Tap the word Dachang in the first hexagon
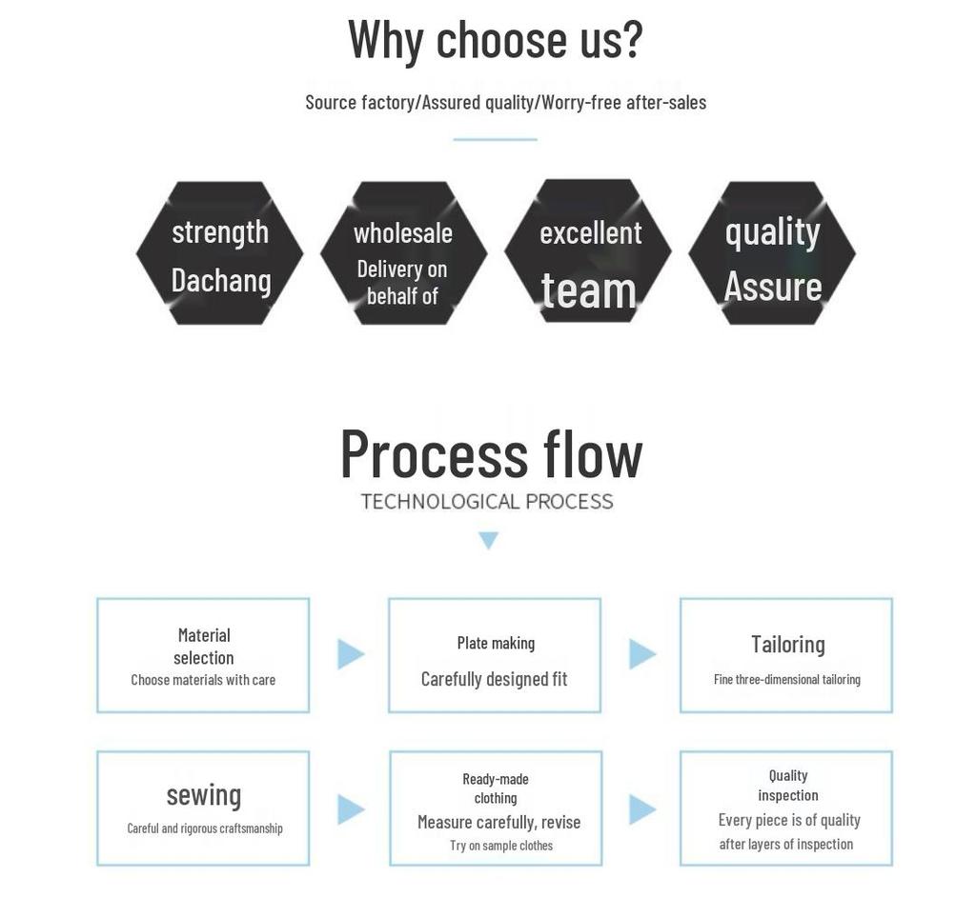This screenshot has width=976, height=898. pyautogui.click(x=221, y=282)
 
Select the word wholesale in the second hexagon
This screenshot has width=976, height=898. pyautogui.click(x=403, y=233)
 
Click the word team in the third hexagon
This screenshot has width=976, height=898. pyautogui.click(x=588, y=290)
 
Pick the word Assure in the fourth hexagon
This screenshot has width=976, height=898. pyautogui.click(x=772, y=287)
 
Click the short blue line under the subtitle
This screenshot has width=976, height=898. pyautogui.click(x=495, y=139)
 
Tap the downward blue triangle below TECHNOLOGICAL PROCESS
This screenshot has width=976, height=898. pyautogui.click(x=489, y=540)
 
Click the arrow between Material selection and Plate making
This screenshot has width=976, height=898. pyautogui.click(x=351, y=653)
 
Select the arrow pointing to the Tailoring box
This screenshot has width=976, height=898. pyautogui.click(x=642, y=653)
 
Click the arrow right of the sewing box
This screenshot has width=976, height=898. pyautogui.click(x=351, y=809)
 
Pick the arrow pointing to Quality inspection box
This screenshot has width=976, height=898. pyautogui.click(x=642, y=809)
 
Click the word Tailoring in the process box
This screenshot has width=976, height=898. pyautogui.click(x=787, y=645)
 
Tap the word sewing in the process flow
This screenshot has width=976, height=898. pyautogui.click(x=204, y=796)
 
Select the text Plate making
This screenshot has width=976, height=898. pyautogui.click(x=496, y=643)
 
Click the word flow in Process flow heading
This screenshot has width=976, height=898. pyautogui.click(x=592, y=454)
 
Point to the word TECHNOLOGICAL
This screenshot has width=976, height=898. pyautogui.click(x=440, y=501)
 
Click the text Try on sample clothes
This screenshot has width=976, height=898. pyautogui.click(x=501, y=845)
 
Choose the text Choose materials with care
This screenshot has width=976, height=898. pyautogui.click(x=203, y=680)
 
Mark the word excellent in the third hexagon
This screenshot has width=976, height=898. pyautogui.click(x=590, y=233)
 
